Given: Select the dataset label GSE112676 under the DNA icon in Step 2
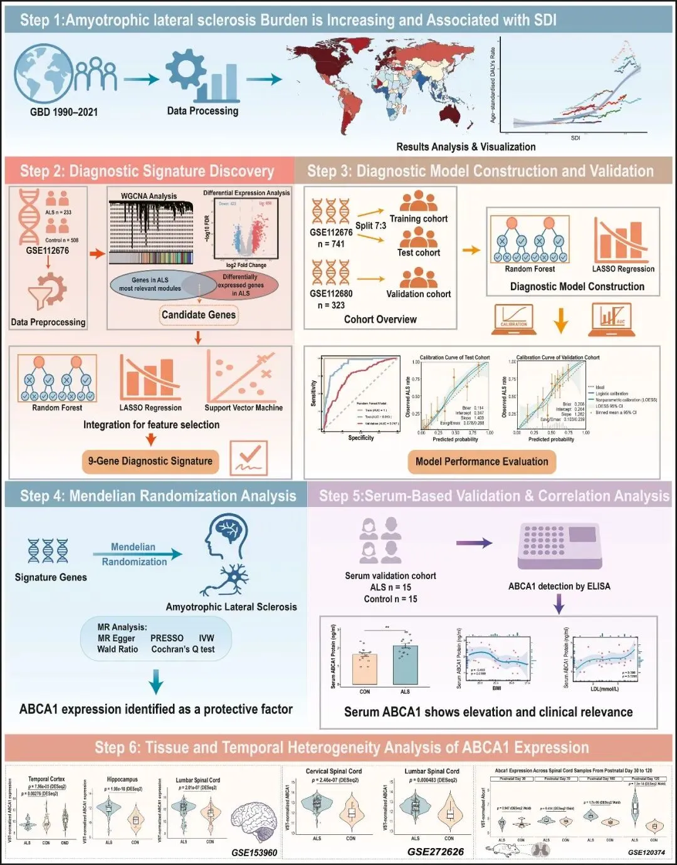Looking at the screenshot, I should tap(48, 250).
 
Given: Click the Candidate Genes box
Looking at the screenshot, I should tap(199, 315).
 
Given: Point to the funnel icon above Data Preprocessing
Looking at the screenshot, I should tap(47, 292).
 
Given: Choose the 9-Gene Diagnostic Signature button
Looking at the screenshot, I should tap(150, 461).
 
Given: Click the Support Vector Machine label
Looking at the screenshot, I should tap(243, 407).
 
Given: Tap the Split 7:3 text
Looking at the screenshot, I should tap(370, 226).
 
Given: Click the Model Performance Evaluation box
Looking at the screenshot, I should tap(481, 462).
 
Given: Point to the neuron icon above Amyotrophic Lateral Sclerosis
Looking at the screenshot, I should tap(226, 580).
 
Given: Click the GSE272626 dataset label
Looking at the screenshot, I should tap(436, 852).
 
